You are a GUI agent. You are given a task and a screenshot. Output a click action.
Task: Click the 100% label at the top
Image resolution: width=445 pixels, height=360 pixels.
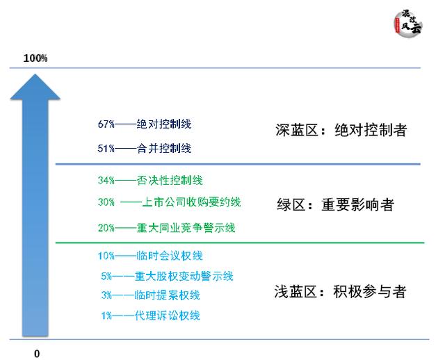35,58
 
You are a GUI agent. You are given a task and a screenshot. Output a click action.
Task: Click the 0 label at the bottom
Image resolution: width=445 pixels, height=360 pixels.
38,353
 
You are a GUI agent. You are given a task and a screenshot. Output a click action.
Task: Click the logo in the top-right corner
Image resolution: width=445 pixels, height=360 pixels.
407,24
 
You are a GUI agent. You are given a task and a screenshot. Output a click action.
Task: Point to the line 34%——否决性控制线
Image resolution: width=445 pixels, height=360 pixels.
150,181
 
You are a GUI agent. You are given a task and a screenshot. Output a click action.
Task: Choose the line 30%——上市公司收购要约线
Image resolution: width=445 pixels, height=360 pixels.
170,202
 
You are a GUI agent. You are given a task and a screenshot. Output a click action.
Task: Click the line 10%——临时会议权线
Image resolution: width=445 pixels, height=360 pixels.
150,256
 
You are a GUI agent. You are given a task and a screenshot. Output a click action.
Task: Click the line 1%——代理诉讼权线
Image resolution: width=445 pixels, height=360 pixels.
150,316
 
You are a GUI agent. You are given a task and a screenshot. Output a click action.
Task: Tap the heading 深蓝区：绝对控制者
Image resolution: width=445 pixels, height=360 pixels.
340,130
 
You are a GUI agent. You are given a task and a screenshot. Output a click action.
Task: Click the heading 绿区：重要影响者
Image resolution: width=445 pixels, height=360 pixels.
335,205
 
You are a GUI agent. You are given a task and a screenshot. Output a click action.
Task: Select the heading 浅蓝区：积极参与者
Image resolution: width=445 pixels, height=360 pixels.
340,292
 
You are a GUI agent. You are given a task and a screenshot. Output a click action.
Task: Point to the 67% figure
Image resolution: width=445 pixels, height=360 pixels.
106,124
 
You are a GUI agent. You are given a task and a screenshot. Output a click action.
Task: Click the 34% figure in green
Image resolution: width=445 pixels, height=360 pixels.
106,181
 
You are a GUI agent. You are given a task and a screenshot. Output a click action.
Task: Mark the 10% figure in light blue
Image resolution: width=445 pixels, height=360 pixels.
106,256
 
